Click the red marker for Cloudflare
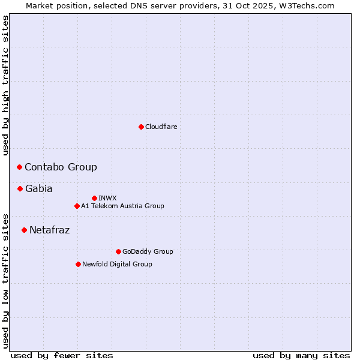(x=141, y=127)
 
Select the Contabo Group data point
(x=19, y=167)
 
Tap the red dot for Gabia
(x=20, y=188)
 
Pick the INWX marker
(x=94, y=198)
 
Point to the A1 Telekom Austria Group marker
(x=77, y=206)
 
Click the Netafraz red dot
(x=24, y=230)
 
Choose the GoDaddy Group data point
(x=118, y=251)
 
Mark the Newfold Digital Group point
(x=78, y=264)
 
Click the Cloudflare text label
(x=161, y=127)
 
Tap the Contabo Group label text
(x=61, y=167)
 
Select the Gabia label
(x=39, y=188)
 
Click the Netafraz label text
(x=50, y=230)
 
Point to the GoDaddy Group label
(x=148, y=251)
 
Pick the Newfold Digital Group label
(x=117, y=264)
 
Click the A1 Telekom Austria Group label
(x=122, y=206)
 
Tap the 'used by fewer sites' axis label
(x=62, y=355)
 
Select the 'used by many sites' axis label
(x=301, y=355)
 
